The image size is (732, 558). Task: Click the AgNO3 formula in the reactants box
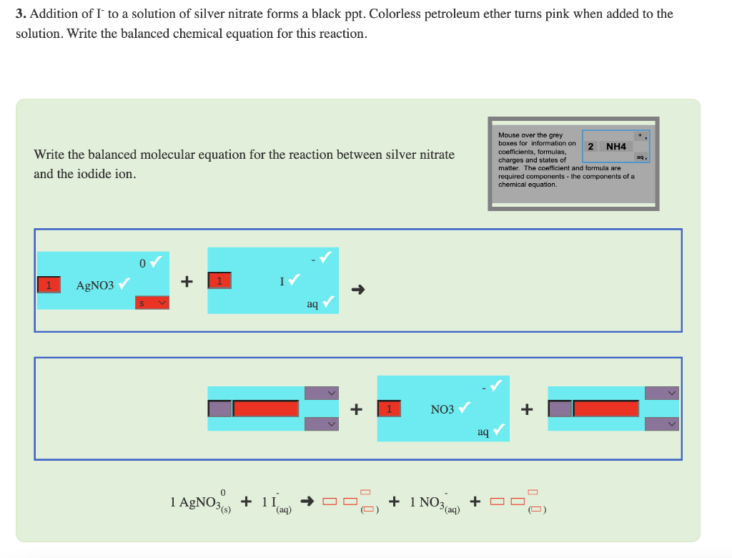[95, 285]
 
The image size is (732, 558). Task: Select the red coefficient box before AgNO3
[49, 285]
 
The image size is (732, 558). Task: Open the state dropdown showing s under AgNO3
[152, 303]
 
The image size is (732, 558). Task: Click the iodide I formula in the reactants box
[283, 280]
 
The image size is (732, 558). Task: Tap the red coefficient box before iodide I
[220, 280]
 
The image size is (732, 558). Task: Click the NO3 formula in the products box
[442, 409]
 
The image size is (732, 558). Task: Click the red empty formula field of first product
[266, 409]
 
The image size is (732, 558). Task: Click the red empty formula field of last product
[606, 409]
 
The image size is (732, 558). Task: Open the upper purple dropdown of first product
[322, 393]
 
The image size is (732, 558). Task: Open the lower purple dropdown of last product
[662, 424]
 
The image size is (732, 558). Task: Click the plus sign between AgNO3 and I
[187, 282]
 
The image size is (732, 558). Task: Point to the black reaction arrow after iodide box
[359, 290]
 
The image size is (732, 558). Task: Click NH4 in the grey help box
[615, 147]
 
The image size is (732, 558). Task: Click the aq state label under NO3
[483, 431]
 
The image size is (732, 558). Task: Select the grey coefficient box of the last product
[560, 409]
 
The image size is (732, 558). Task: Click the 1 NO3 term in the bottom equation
[430, 503]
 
